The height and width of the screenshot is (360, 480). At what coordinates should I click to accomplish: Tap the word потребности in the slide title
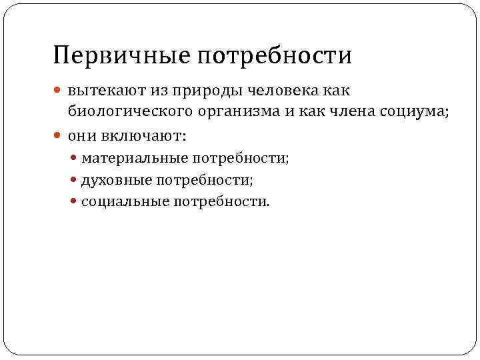click(x=273, y=55)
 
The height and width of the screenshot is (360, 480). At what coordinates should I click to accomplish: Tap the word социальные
click(x=125, y=201)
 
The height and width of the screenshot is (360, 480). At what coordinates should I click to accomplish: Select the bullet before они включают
click(x=59, y=136)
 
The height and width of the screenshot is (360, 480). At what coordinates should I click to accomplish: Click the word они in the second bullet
click(x=82, y=136)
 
